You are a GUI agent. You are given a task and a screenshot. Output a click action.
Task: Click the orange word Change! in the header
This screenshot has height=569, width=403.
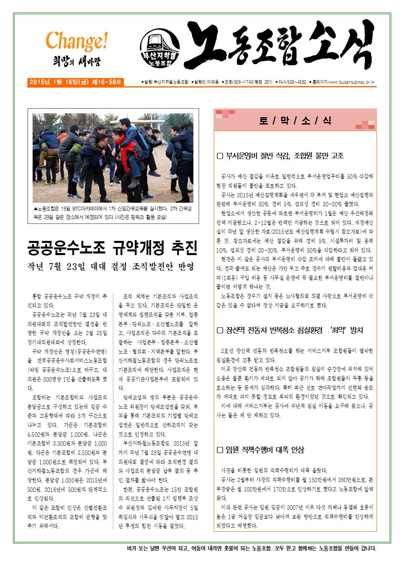76,41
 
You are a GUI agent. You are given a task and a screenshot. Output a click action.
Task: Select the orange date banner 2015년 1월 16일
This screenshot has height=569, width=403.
75,82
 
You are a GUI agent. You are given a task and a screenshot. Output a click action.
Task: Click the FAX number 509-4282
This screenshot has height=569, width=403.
296,82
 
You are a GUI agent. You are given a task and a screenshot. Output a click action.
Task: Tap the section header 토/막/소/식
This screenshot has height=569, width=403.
295,120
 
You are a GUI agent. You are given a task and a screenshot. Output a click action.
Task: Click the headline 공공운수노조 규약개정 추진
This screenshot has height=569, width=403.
113,247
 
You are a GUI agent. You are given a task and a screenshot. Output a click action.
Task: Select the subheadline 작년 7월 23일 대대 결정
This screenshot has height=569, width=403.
110,267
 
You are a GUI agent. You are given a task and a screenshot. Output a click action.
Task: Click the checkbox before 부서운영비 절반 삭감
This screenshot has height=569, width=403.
220,155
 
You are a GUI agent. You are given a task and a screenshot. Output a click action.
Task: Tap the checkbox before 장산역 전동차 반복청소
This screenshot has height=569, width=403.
220,330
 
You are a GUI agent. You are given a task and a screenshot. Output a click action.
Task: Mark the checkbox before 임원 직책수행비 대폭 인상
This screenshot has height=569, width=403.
220,450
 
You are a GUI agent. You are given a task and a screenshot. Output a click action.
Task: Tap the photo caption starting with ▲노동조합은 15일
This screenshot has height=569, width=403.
113,213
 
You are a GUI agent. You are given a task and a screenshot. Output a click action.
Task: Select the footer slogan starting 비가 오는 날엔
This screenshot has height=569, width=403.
251,549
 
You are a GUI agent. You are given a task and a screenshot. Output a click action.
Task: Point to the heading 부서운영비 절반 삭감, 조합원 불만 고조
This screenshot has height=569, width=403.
285,155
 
